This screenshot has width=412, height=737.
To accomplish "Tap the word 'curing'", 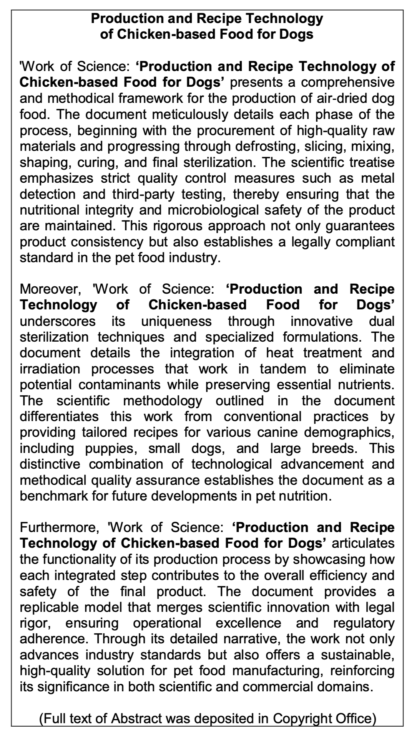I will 93,162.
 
